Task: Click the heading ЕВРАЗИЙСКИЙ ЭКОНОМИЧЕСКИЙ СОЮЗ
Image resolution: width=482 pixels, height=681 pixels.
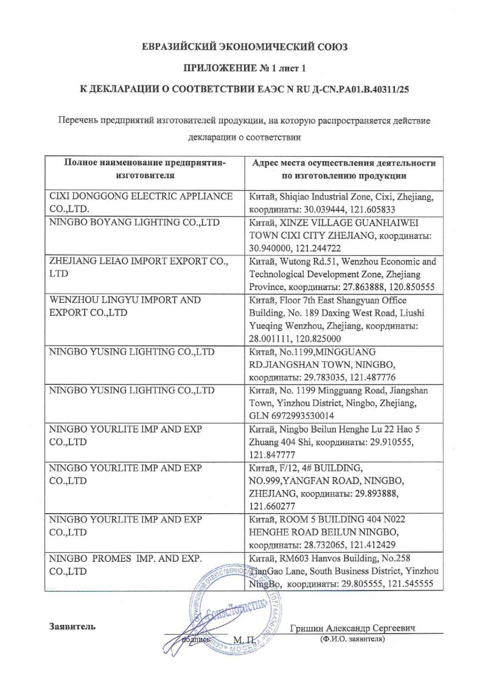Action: coord(241,46)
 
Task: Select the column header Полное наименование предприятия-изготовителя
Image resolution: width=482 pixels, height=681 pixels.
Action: coord(145,170)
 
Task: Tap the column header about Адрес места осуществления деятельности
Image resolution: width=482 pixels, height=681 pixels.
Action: coord(343,170)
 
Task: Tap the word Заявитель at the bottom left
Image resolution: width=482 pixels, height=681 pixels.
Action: coord(72,626)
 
